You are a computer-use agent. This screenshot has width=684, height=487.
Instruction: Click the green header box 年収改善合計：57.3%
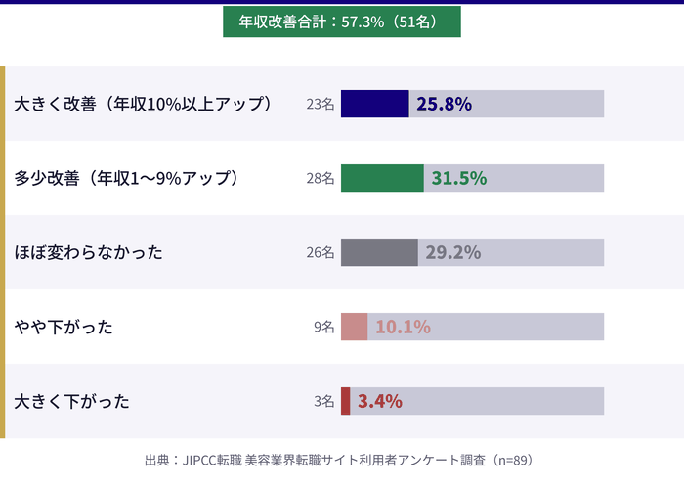[341, 21]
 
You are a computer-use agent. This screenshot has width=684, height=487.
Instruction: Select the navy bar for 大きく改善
[374, 104]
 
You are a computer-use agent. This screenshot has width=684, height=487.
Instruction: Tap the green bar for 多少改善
[382, 178]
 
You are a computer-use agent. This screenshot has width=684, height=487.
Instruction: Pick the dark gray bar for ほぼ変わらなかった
[379, 252]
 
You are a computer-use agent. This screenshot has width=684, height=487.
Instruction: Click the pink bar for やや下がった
[354, 327]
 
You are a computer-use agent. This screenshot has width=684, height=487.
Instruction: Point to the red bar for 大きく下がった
[345, 401]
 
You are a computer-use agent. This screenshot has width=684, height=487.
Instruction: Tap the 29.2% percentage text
[452, 252]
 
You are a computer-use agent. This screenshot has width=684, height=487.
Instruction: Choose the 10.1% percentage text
[403, 327]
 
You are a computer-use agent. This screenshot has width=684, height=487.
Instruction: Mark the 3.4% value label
[380, 401]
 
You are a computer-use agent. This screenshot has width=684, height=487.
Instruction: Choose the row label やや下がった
[64, 327]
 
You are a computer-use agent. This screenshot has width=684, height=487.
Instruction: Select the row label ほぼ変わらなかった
[88, 252]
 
